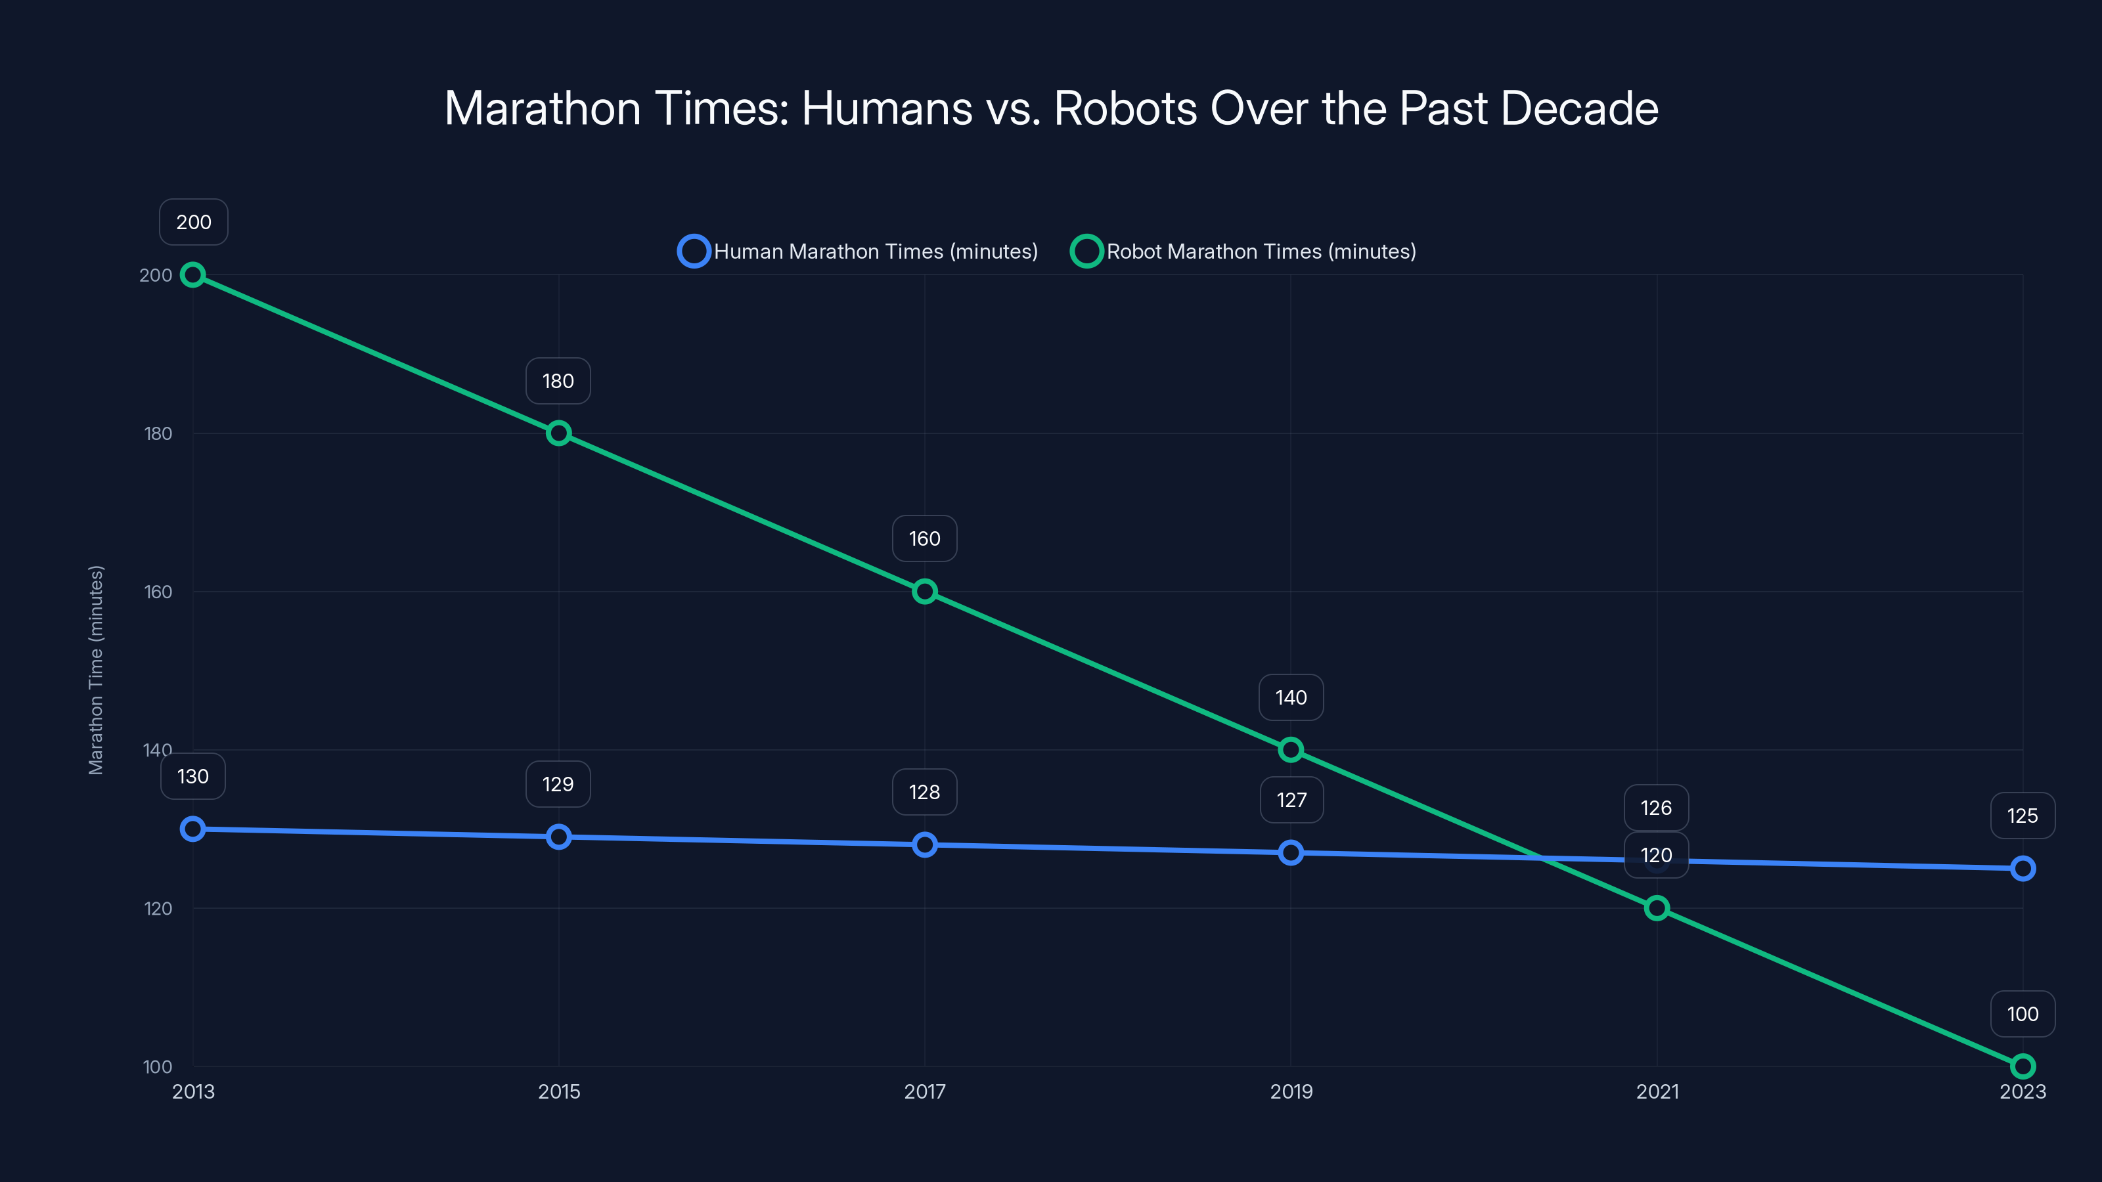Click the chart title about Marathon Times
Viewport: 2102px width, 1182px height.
click(1051, 108)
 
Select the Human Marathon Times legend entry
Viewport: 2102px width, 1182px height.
click(858, 252)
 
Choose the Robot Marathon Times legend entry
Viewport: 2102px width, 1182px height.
click(1243, 252)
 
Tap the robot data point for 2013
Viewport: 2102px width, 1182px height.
click(192, 275)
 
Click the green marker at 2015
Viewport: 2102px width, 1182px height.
click(558, 433)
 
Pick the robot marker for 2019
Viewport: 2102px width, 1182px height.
click(1290, 750)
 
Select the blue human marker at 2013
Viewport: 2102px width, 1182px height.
click(192, 829)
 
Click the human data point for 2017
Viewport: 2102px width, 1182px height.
click(924, 844)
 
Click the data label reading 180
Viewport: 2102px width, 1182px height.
click(558, 381)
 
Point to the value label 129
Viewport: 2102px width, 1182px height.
click(558, 784)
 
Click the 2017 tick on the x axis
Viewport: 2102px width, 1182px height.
click(924, 1091)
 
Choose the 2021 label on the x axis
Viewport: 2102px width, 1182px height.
click(1657, 1091)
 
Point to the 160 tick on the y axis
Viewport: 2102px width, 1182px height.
click(158, 592)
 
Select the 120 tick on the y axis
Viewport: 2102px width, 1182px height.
click(158, 908)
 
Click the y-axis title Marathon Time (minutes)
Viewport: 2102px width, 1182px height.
click(97, 670)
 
